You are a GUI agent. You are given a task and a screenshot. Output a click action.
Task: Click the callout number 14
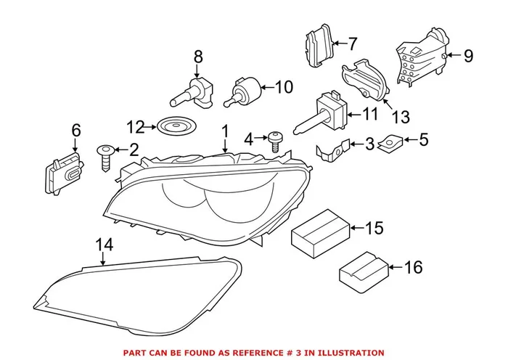click(106, 245)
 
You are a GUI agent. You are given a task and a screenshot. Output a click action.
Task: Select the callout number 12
click(136, 127)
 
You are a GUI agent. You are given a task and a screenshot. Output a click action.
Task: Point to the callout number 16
click(412, 268)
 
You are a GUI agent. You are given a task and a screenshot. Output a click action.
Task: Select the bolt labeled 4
click(274, 140)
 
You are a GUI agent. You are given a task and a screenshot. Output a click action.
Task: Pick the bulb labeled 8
click(194, 91)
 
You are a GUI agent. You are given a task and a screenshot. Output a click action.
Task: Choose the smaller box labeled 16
click(362, 271)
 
